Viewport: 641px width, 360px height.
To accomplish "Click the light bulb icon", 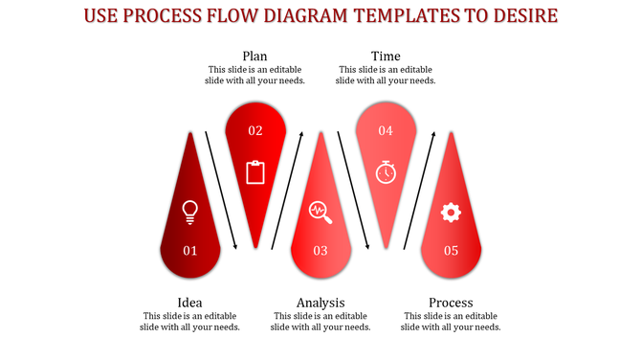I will click(190, 211).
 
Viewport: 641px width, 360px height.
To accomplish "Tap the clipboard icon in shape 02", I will click(255, 172).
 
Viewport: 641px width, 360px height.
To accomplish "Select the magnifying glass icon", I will click(320, 212).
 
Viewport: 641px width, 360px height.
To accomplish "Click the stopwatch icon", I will click(386, 171).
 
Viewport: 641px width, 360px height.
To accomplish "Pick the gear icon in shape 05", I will click(451, 213).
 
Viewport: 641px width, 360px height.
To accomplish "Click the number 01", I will click(190, 251).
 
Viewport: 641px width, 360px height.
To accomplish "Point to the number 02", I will click(255, 130).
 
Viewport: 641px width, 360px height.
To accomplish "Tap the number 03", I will click(320, 251).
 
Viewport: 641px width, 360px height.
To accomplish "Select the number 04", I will click(386, 130).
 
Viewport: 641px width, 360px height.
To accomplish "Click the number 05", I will click(451, 251).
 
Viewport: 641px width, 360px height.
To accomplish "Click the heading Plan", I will click(254, 56).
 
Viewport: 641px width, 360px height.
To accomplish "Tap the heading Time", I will click(386, 56).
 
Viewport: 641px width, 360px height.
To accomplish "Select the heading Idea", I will click(190, 303).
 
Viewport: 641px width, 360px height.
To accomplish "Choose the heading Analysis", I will click(320, 303).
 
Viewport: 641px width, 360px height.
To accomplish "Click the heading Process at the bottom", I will click(451, 303).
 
